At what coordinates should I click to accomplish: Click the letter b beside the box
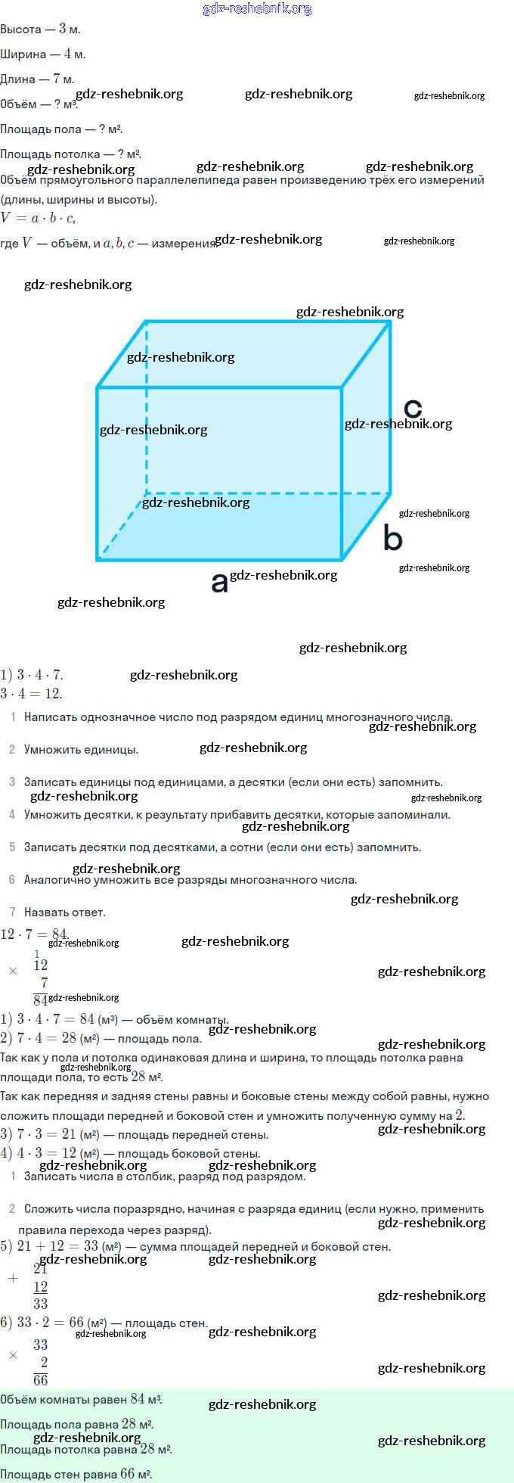[393, 538]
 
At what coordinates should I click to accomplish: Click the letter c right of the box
[413, 409]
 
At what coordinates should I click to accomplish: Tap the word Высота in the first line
[20, 30]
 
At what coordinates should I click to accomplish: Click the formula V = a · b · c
[38, 218]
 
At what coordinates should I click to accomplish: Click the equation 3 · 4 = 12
[31, 693]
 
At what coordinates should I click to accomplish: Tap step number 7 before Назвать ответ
[12, 912]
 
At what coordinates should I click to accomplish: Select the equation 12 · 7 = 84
[35, 934]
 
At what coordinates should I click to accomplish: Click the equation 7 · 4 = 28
[46, 1038]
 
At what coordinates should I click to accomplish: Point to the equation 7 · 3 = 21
[46, 1134]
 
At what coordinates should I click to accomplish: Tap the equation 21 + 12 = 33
[57, 1246]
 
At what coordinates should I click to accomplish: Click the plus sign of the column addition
[13, 1278]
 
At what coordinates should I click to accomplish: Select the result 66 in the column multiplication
[41, 1379]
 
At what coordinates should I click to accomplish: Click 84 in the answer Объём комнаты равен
[137, 1399]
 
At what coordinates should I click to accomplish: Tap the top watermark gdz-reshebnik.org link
[257, 9]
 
